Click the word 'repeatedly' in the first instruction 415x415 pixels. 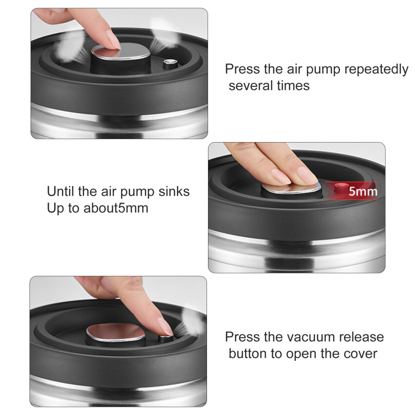tap(376, 70)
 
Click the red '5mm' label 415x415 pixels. tap(363, 191)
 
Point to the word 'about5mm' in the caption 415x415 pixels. tap(116, 208)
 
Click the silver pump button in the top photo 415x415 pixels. tap(121, 52)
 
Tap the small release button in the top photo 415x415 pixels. tap(170, 62)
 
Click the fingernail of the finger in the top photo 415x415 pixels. tap(113, 40)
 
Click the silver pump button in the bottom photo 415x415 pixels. tap(115, 332)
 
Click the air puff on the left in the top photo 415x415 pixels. tap(68, 48)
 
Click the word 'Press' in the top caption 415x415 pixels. tap(243, 69)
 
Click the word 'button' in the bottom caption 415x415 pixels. tap(248, 354)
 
